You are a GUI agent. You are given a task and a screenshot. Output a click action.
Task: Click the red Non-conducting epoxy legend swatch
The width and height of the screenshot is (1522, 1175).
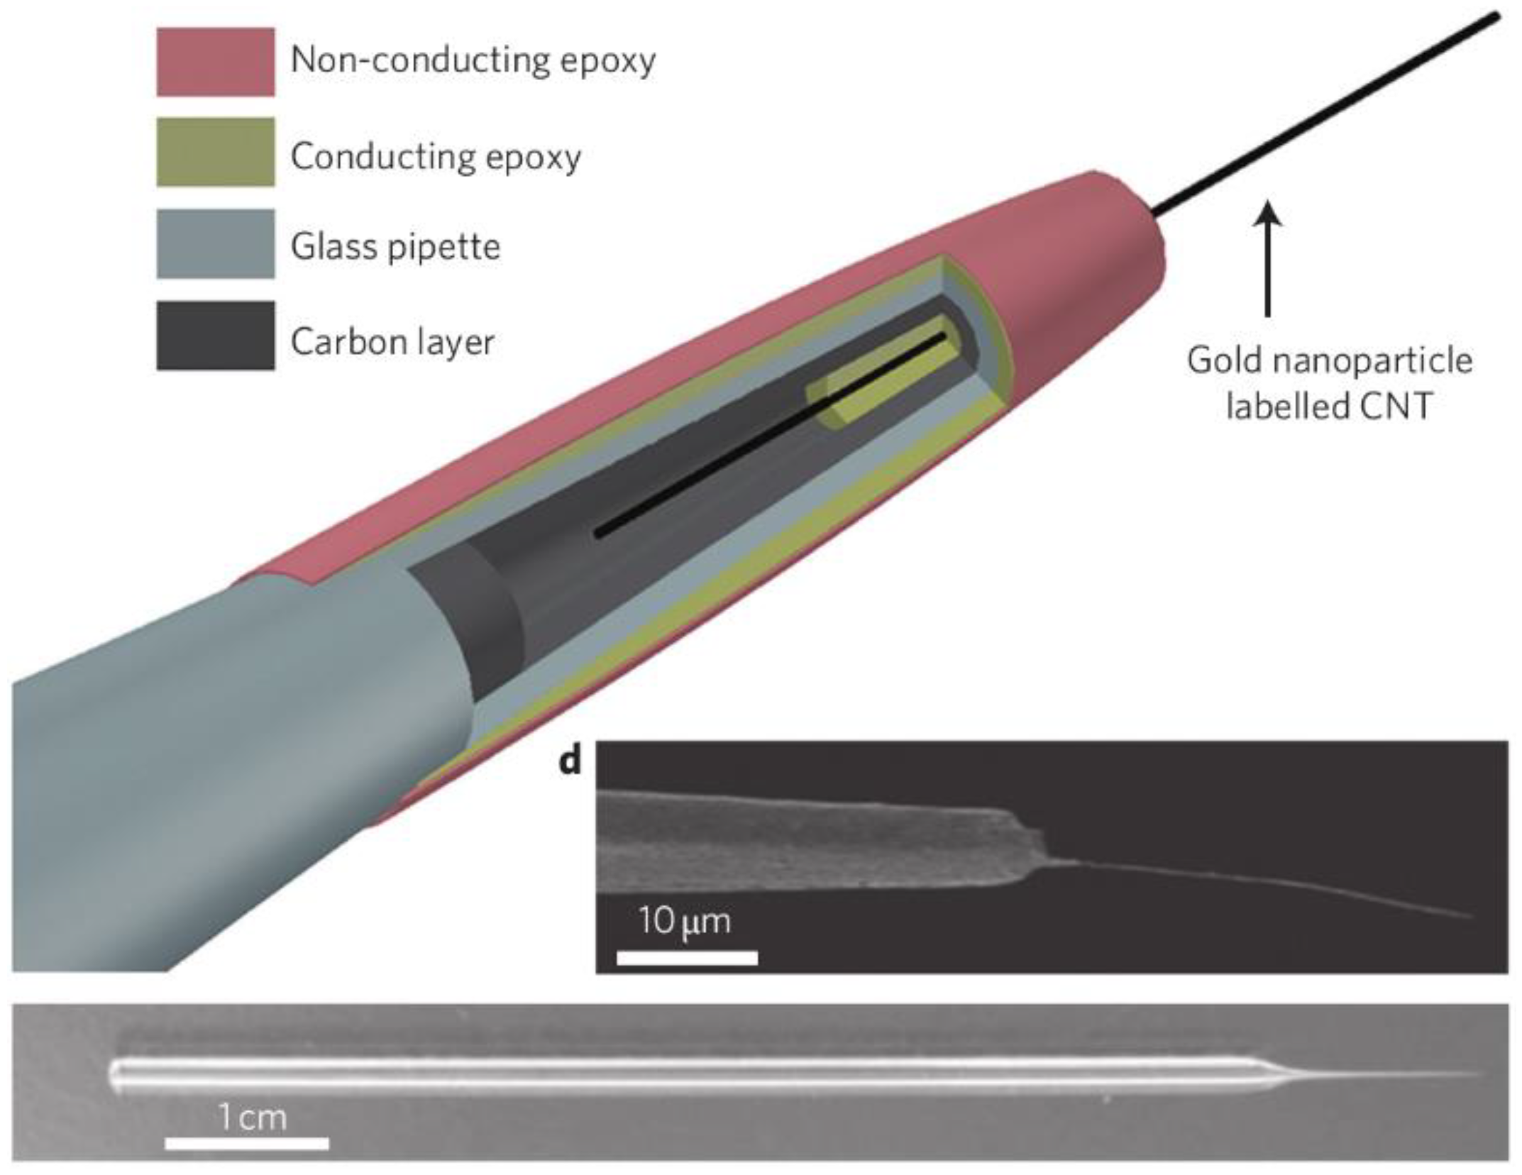tap(215, 62)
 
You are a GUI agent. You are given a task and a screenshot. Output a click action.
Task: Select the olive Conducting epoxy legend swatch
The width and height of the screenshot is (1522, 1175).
tap(215, 152)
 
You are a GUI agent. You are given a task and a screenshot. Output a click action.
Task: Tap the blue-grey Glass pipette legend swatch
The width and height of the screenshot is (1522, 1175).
tap(215, 243)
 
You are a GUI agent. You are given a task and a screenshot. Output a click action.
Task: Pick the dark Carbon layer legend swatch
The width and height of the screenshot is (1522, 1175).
tap(215, 335)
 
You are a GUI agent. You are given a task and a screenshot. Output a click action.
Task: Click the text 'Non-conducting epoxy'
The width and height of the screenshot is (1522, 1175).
tap(473, 60)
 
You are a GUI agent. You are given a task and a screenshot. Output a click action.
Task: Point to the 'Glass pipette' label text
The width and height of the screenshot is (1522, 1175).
tap(395, 247)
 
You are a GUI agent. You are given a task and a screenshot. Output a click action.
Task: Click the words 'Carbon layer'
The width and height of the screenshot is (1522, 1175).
tap(392, 342)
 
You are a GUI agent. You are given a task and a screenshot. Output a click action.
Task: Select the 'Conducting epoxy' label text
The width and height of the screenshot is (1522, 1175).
tap(436, 156)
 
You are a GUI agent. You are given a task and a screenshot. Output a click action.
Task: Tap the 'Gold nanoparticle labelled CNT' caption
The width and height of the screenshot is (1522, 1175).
tap(1329, 383)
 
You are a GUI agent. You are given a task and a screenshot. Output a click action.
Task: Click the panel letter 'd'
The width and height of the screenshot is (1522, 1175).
tap(570, 761)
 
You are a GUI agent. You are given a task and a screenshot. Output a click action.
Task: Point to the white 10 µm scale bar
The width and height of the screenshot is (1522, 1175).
tap(687, 958)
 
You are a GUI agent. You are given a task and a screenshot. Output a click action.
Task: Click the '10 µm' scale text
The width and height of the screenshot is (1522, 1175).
tap(684, 921)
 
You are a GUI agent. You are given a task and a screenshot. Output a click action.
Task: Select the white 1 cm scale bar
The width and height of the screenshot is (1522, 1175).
tap(247, 1142)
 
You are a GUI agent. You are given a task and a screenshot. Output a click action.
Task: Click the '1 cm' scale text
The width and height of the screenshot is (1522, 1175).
tap(252, 1118)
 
